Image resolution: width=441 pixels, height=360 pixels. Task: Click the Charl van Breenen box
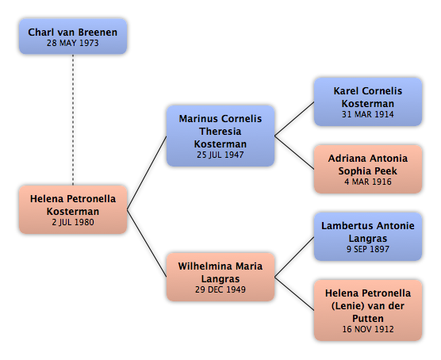[73, 36]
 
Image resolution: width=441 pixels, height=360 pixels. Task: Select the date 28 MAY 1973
[73, 43]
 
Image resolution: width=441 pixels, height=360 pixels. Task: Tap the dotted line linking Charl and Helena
[73, 120]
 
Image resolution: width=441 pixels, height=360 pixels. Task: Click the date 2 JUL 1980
[73, 222]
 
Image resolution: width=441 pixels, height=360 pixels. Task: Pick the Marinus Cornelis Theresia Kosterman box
[220, 136]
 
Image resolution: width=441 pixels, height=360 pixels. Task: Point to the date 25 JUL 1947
[220, 155]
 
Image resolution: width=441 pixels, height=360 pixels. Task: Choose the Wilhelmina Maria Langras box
[220, 277]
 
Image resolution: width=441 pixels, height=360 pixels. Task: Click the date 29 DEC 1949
[220, 289]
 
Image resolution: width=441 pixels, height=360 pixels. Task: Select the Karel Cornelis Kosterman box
[368, 101]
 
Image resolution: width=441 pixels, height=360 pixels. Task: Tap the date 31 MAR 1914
[368, 114]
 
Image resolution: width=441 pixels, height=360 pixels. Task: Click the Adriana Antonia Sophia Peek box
[368, 170]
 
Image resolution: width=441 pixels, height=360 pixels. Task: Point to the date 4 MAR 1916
[368, 182]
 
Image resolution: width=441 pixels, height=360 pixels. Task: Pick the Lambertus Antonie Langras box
[368, 236]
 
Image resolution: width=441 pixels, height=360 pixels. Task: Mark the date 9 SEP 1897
[368, 249]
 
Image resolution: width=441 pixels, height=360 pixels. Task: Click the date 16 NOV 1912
[368, 329]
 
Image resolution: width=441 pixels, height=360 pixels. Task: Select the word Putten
[368, 319]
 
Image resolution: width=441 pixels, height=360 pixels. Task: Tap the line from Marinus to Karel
[294, 119]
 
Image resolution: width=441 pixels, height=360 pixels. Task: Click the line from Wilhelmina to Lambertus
[294, 257]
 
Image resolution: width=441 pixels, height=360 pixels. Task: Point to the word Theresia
[220, 132]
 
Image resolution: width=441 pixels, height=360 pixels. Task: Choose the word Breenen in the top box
[98, 33]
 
